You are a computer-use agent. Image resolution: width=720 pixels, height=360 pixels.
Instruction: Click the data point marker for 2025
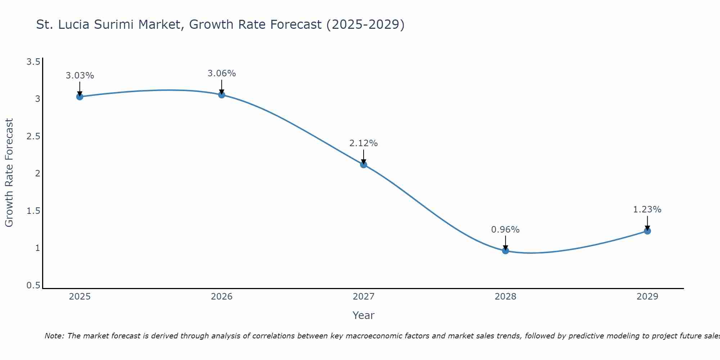point(80,96)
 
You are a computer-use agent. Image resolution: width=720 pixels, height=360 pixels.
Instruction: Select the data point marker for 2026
point(222,95)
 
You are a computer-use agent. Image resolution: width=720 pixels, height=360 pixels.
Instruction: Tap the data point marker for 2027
point(364,165)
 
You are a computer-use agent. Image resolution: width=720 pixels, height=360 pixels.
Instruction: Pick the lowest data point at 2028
point(505,251)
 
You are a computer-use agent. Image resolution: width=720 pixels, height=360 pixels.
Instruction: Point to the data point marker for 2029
point(647,231)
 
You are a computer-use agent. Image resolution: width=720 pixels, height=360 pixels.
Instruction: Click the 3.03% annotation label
point(80,76)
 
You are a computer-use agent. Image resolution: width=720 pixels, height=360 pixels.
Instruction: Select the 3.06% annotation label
point(222,73)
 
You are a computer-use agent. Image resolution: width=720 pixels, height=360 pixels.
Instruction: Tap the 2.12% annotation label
point(364,143)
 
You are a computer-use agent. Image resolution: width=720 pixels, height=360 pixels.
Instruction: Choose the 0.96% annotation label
point(505,230)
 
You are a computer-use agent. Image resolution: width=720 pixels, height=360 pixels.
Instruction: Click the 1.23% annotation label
point(647,210)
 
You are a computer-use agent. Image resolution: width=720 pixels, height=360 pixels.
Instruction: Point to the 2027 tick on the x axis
point(364,297)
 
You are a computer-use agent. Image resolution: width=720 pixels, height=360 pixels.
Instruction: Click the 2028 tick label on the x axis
point(505,297)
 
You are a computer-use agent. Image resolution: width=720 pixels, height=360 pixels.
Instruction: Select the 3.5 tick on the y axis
point(33,62)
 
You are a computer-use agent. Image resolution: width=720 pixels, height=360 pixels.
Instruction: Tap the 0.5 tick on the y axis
point(33,285)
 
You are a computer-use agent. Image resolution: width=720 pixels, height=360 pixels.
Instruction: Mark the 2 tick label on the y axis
point(37,174)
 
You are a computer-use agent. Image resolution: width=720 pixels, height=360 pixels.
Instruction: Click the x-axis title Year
point(364,315)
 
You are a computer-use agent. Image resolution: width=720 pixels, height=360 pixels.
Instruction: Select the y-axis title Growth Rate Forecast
point(9,173)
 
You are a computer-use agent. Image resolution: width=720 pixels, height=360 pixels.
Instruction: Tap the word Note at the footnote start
point(54,336)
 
